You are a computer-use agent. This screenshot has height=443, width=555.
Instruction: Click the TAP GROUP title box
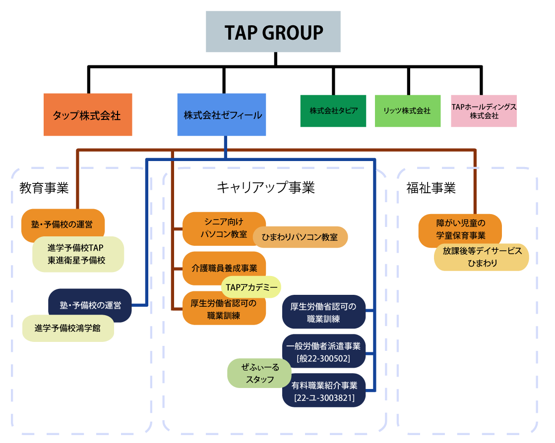273,32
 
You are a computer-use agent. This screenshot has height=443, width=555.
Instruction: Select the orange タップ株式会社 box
88,115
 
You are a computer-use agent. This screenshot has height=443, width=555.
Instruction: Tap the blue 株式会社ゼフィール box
222,115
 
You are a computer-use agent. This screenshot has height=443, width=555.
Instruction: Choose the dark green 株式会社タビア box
333,111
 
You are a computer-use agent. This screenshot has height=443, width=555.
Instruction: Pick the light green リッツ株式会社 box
408,111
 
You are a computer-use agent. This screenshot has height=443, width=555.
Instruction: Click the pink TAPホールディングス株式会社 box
484,111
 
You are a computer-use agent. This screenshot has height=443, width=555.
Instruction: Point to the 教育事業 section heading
44,188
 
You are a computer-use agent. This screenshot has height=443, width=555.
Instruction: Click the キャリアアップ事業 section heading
266,187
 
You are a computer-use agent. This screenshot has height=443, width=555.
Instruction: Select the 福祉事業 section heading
431,188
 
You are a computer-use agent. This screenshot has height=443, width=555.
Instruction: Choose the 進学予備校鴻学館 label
68,328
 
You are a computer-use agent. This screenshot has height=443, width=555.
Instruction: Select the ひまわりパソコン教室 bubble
301,237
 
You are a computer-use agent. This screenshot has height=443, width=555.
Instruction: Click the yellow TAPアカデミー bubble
251,287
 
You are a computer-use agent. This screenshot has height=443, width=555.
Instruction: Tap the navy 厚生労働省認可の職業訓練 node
324,313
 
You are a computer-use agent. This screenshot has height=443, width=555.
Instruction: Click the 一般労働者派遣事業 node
323,351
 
